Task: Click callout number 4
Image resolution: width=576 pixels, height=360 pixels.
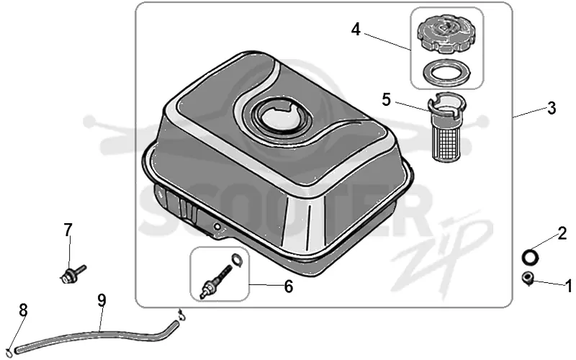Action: point(356,30)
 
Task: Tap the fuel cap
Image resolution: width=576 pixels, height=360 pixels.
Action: point(445,35)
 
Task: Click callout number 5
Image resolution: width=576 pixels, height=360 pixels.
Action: point(386,99)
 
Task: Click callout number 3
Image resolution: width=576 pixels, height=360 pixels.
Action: point(552,109)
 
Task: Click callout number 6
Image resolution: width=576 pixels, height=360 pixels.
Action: point(289,287)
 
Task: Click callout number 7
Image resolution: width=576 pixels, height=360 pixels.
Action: point(68,230)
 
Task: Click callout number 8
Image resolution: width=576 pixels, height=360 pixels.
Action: point(23,310)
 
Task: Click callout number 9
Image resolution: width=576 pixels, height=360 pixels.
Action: point(102,300)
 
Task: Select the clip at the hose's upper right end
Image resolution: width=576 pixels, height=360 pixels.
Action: point(181,315)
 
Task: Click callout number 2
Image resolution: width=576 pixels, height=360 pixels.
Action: point(562,233)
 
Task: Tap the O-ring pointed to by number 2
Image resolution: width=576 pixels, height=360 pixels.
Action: point(530,257)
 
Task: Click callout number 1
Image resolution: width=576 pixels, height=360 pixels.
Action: point(569,285)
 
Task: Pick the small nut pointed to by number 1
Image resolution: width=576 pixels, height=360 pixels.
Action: point(528,278)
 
